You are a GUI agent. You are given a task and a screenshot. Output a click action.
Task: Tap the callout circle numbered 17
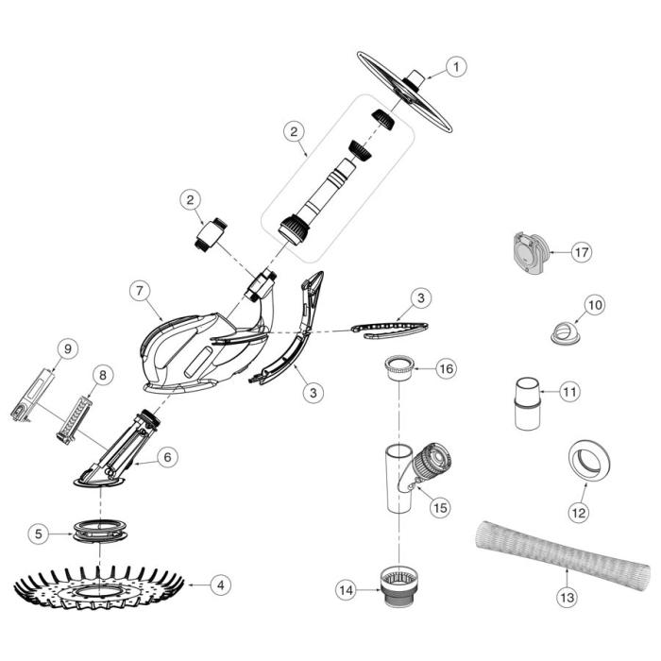click(581, 252)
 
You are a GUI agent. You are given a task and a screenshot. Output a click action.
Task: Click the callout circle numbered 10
click(595, 305)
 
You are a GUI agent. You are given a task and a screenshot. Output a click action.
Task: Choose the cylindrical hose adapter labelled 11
click(527, 402)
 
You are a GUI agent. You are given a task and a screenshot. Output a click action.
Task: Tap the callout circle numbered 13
click(567, 598)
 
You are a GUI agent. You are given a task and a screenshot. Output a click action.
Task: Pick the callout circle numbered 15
click(440, 507)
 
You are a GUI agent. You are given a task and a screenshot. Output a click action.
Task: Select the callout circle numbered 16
click(445, 367)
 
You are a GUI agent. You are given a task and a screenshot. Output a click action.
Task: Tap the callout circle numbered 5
click(38, 534)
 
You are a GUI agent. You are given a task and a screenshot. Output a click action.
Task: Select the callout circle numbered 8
click(102, 375)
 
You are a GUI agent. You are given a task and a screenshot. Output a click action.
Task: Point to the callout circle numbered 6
click(166, 456)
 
